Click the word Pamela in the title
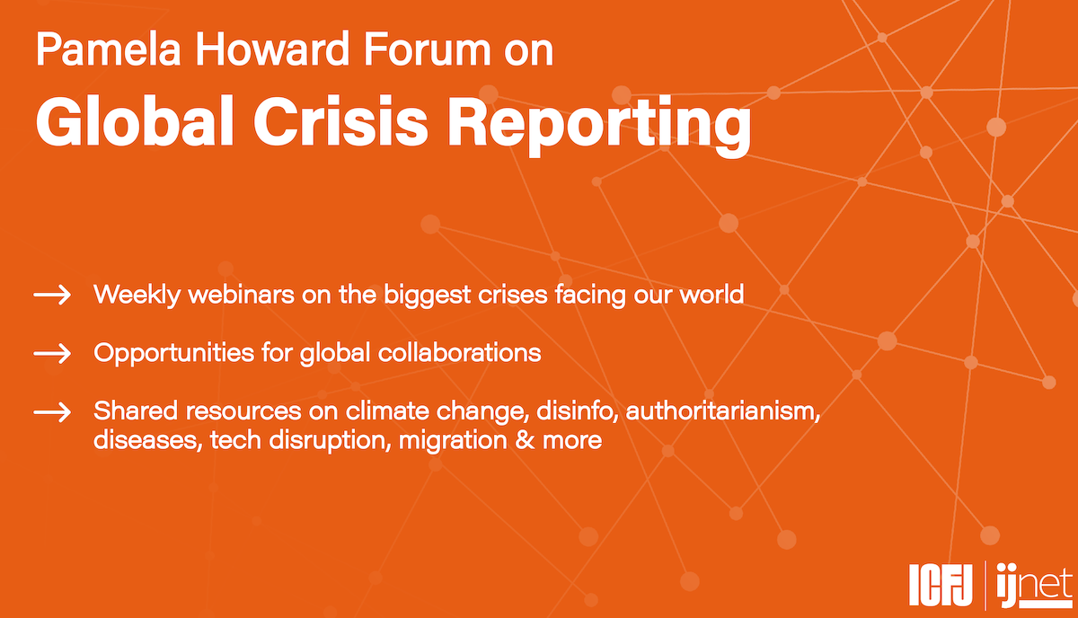[x=109, y=49]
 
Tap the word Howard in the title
[x=272, y=49]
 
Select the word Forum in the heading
[x=428, y=49]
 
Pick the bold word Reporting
[x=600, y=125]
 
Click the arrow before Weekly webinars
[x=52, y=295]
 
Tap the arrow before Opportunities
[x=52, y=354]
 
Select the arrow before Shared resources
[x=52, y=412]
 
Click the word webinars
[x=241, y=294]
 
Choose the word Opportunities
[x=173, y=354]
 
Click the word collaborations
[x=460, y=353]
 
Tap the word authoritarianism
[x=723, y=411]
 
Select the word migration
[x=453, y=441]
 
